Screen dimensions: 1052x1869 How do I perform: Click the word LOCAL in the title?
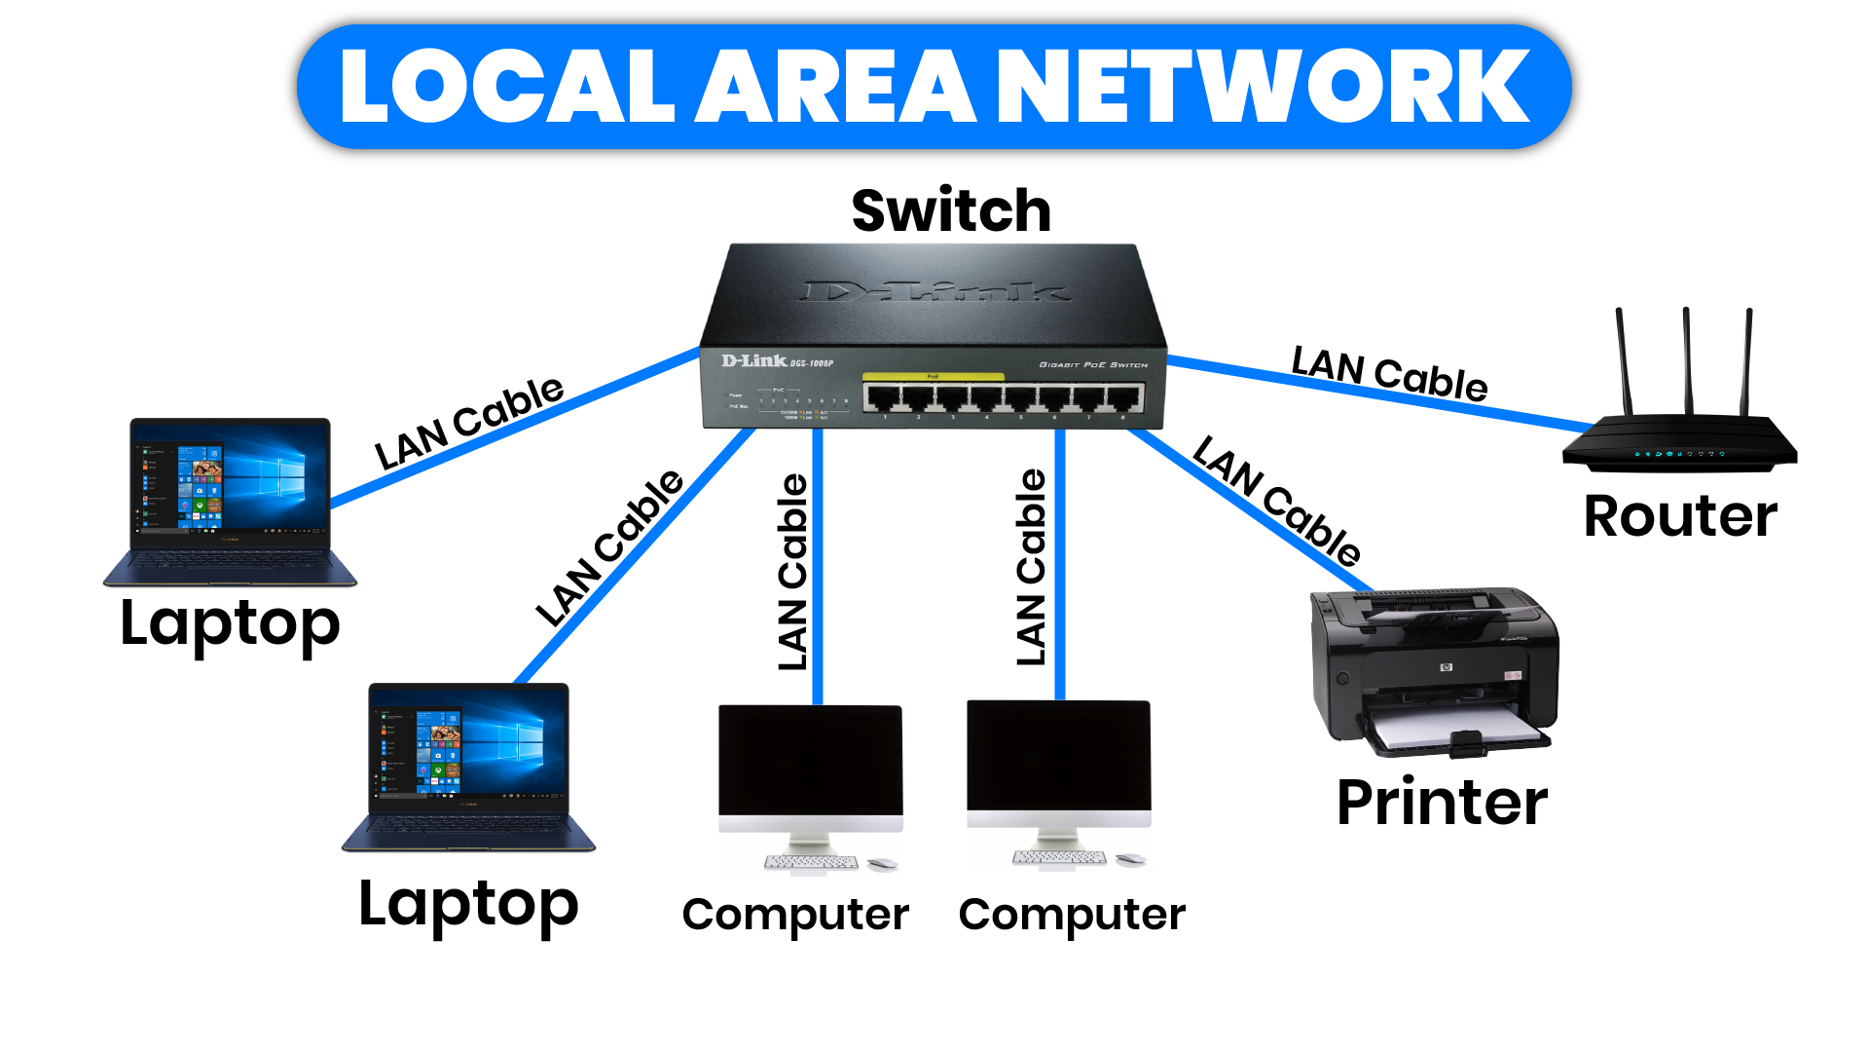pyautogui.click(x=506, y=88)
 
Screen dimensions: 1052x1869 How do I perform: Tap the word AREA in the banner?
pyautogui.click(x=837, y=88)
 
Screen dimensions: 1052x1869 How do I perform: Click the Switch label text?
pyautogui.click(x=951, y=210)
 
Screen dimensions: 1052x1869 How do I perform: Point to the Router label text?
pyautogui.click(x=1680, y=515)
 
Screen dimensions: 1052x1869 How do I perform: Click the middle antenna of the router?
pyautogui.click(x=1687, y=360)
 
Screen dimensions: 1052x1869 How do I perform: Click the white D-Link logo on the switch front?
pyautogui.click(x=754, y=360)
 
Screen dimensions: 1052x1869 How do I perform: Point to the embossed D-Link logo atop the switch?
pyautogui.click(x=934, y=291)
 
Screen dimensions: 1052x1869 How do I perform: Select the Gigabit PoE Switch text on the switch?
pyautogui.click(x=1093, y=365)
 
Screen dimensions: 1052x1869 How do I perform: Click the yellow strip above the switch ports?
pyautogui.click(x=933, y=376)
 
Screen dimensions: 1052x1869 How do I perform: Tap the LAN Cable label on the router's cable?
pyautogui.click(x=1389, y=374)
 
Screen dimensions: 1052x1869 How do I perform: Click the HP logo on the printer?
pyautogui.click(x=1446, y=667)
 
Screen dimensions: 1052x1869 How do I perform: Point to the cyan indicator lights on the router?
pyautogui.click(x=1678, y=454)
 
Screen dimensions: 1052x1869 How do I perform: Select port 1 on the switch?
pyautogui.click(x=882, y=397)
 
